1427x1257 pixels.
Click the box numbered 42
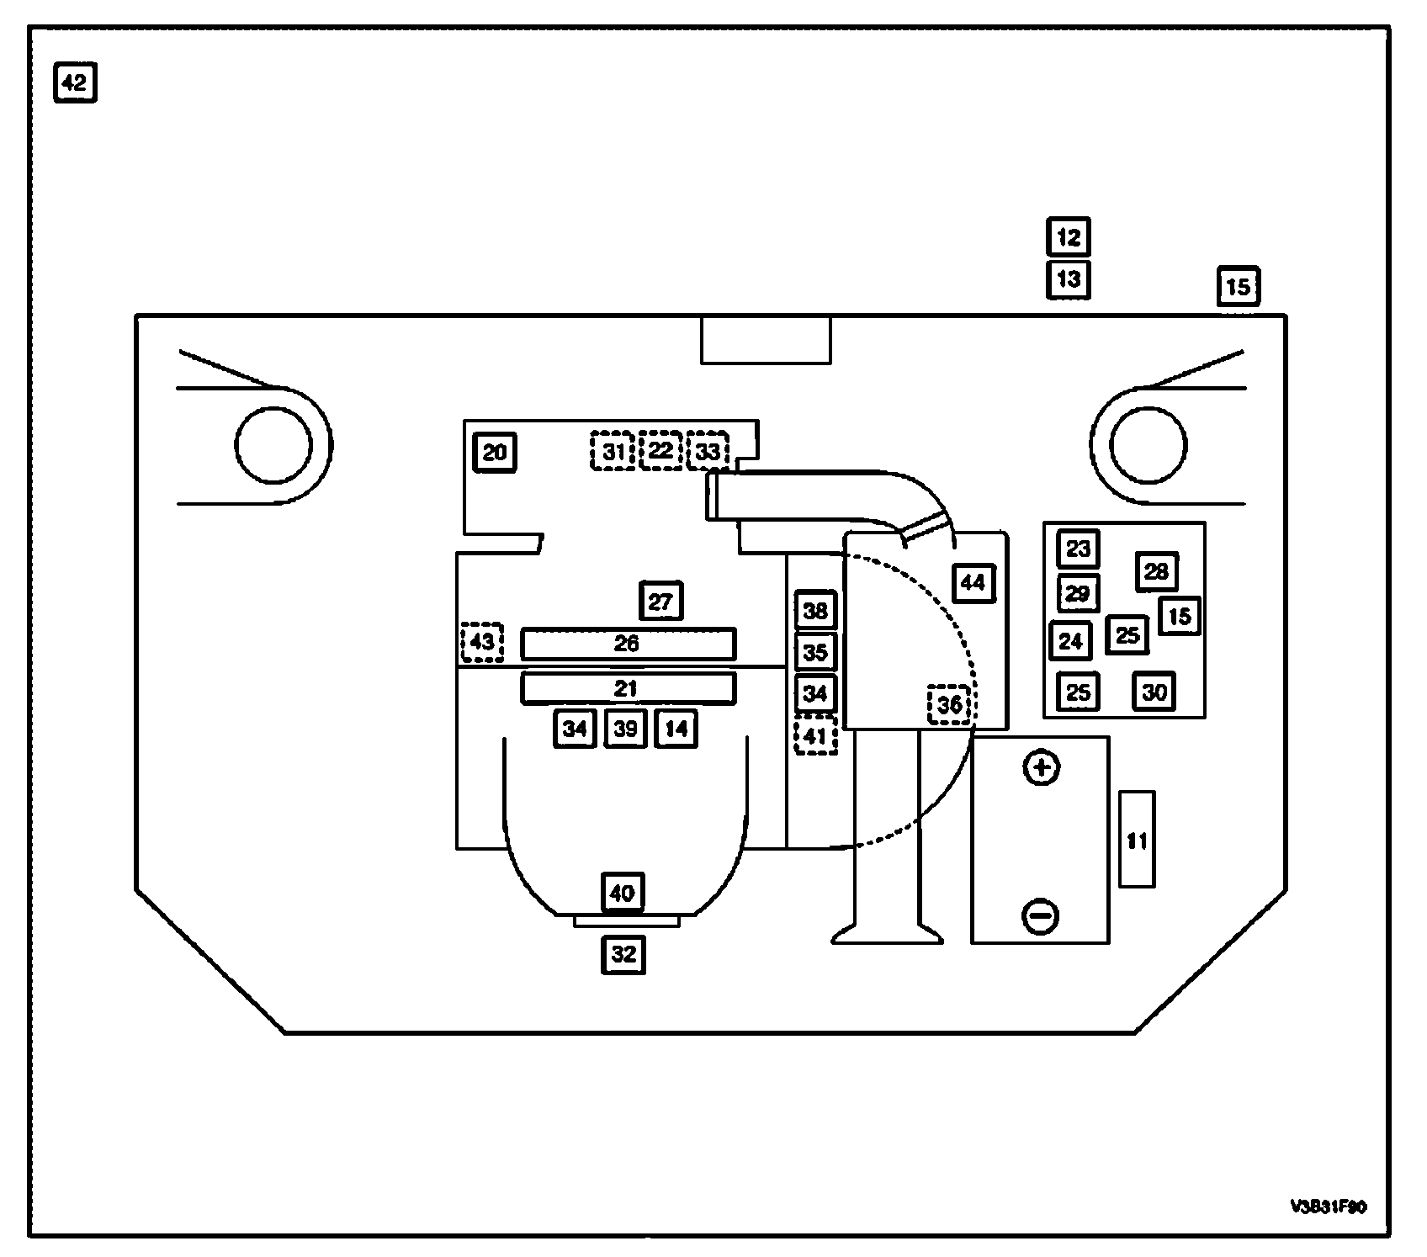pos(75,82)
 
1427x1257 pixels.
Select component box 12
pos(1068,237)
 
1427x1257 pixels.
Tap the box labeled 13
pos(1068,278)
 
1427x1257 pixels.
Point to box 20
pos(495,453)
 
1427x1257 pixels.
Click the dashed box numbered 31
pos(613,451)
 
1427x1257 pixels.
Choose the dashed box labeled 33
pos(708,451)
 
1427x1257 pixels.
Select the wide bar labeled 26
pos(627,644)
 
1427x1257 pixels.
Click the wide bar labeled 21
pos(627,688)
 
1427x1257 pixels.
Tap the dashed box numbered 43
pos(482,643)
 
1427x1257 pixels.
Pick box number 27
pos(660,602)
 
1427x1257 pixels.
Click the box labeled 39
pos(625,729)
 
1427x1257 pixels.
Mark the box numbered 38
pos(815,610)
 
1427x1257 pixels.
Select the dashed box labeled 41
pos(815,736)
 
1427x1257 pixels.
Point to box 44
pos(973,582)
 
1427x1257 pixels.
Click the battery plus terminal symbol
pos(1042,767)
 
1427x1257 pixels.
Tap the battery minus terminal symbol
pos(1040,915)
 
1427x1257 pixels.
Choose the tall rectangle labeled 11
pos(1137,839)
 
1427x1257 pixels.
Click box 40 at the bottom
pos(623,892)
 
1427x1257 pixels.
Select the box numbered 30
pos(1154,692)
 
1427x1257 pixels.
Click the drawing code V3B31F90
pos(1328,1207)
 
